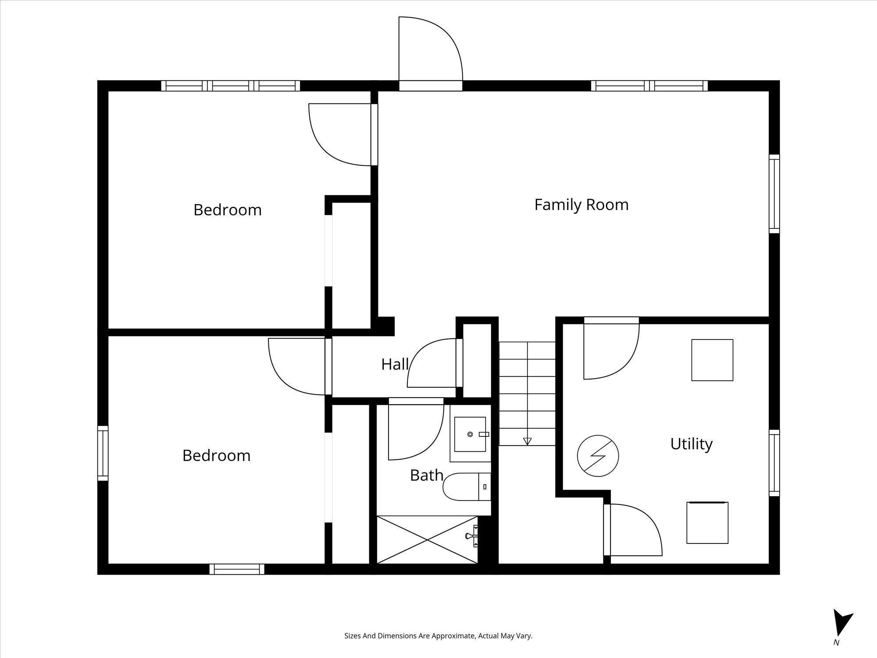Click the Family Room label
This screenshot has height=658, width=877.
(x=581, y=205)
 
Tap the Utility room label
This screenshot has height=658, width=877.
(x=692, y=444)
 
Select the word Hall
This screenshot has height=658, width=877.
(x=395, y=364)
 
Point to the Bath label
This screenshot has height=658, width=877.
(x=426, y=475)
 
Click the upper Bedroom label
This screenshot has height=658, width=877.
(x=228, y=210)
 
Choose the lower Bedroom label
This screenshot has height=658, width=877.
(x=217, y=455)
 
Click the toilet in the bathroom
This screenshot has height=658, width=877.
(x=467, y=486)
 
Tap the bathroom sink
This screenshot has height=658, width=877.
(x=470, y=434)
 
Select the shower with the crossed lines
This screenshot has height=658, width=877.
(x=427, y=540)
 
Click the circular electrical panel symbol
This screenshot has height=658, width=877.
(x=598, y=456)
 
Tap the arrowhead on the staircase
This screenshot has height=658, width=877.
(x=527, y=441)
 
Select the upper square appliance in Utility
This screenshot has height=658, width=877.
(x=712, y=360)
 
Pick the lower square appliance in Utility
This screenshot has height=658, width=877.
(x=707, y=522)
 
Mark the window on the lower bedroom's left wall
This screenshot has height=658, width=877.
(x=103, y=453)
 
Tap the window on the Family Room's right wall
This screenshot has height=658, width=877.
(x=774, y=193)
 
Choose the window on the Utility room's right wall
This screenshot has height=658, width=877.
(x=774, y=463)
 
